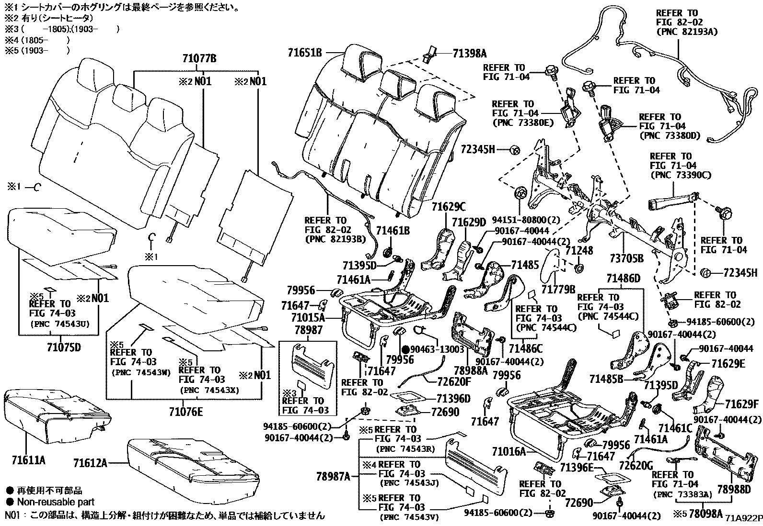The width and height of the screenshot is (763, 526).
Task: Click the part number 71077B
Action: [199, 59]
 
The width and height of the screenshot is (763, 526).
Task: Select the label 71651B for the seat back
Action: [305, 53]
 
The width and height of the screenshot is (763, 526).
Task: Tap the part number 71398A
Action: [469, 53]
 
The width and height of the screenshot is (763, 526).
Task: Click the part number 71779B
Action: [558, 289]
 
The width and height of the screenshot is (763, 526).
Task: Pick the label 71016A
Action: [509, 451]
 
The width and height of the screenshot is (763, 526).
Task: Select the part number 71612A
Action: [90, 463]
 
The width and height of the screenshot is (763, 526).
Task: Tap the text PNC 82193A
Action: [686, 32]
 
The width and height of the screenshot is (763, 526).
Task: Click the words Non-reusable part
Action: [56, 502]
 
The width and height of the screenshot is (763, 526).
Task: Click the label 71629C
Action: [448, 207]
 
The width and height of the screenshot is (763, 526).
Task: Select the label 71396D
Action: [453, 398]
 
